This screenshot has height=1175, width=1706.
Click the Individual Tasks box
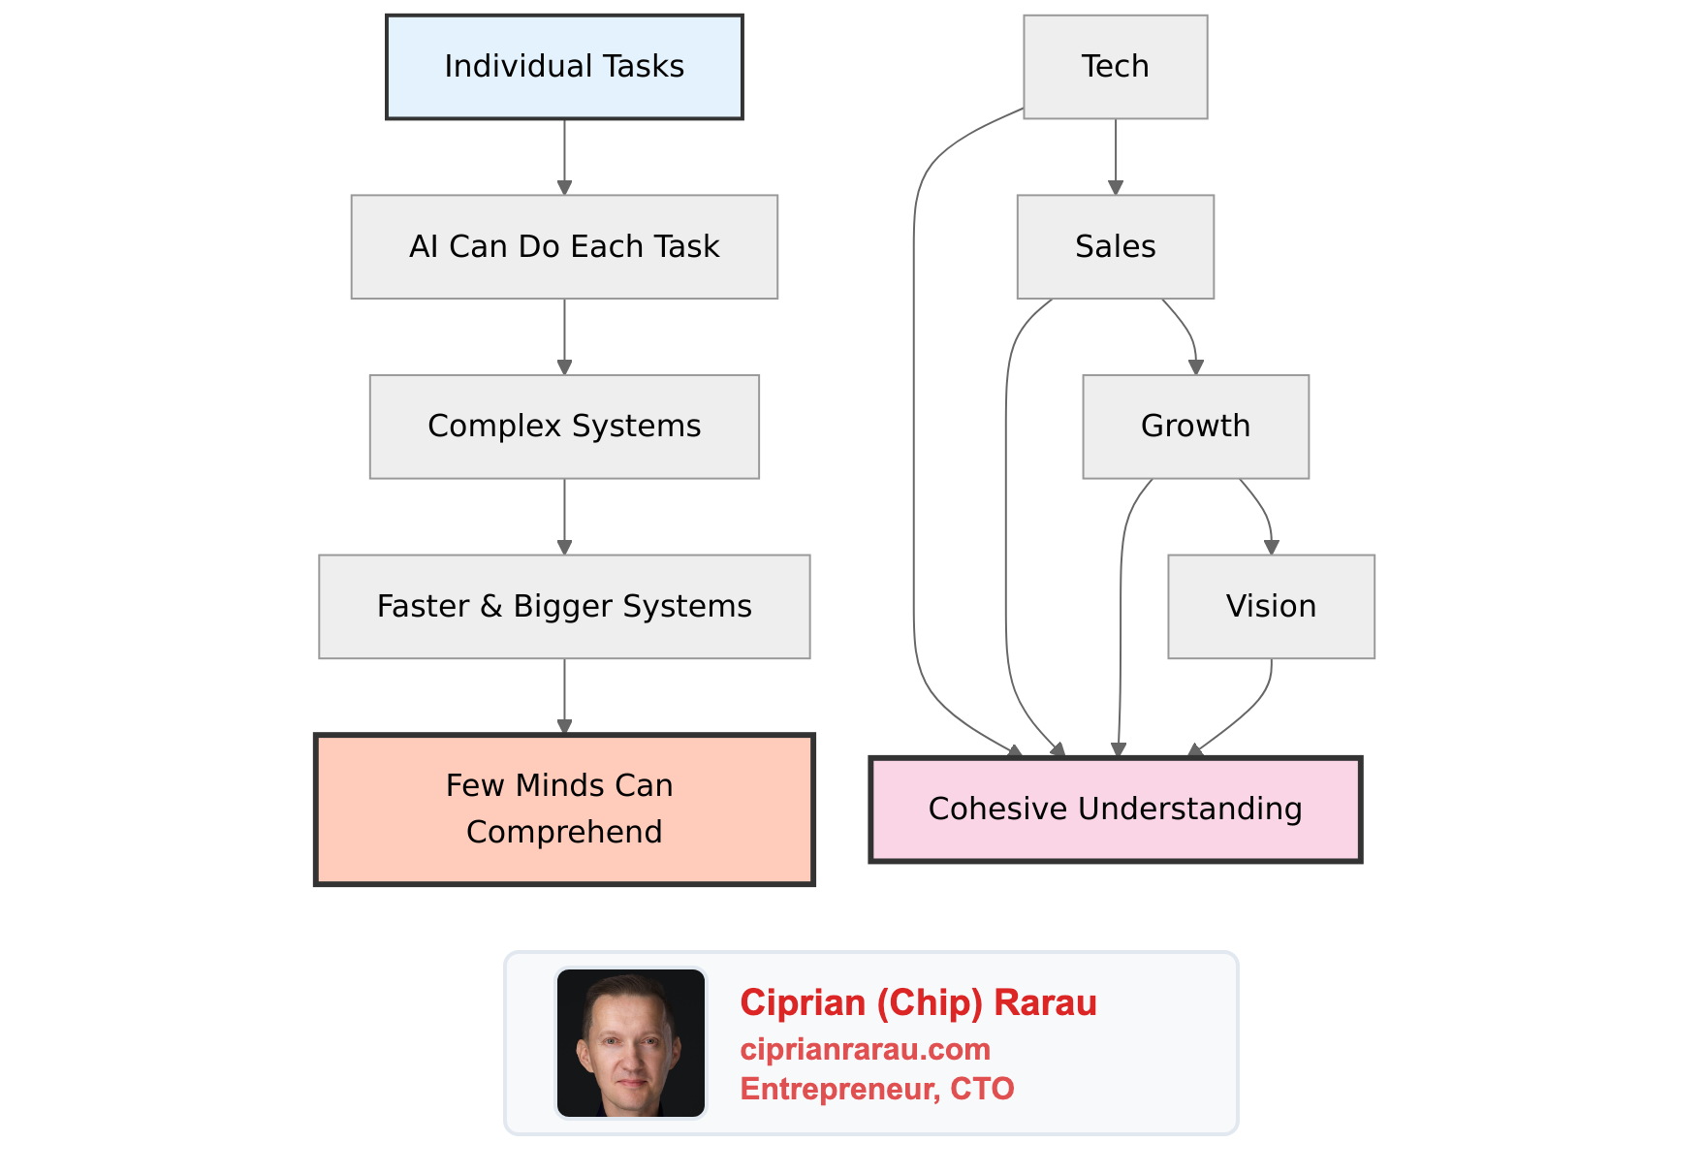[564, 67]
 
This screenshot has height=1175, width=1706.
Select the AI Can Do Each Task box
[564, 247]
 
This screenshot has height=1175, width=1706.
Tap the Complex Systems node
[564, 427]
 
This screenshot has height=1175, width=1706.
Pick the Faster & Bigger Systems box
[564, 607]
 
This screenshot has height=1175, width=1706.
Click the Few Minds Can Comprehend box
[564, 810]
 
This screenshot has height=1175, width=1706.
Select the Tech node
[1115, 67]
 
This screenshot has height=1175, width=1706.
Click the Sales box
[1115, 247]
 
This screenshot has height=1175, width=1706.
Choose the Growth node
[1195, 427]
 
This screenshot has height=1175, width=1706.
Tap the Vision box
[1271, 607]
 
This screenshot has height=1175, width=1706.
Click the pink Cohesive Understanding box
[1115, 810]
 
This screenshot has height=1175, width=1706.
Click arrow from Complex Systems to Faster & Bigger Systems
[564, 517]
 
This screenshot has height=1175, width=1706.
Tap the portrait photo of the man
[631, 1043]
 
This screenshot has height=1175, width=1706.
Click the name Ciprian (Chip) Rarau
[918, 1002]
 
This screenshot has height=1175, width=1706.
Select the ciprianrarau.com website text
[865, 1049]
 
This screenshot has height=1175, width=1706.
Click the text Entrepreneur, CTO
[876, 1089]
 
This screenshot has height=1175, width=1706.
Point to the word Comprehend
[564, 832]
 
